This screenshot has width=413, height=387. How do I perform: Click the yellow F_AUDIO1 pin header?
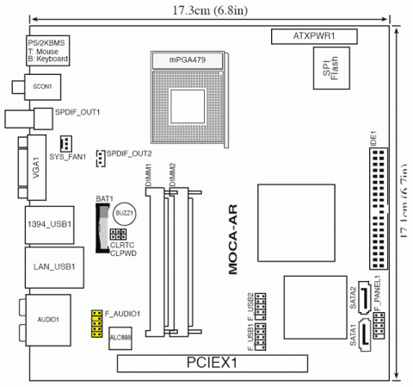tap(99, 324)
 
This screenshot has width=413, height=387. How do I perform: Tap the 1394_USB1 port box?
tap(49, 224)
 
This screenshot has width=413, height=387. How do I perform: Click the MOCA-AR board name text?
tap(232, 246)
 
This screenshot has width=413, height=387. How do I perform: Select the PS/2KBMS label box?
tap(46, 51)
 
